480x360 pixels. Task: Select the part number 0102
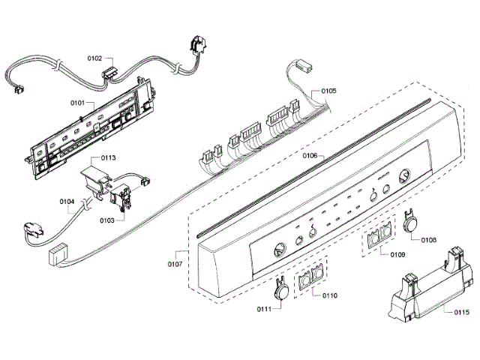point(95,58)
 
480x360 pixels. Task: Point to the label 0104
point(67,201)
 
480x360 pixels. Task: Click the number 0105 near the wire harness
point(328,91)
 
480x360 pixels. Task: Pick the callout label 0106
point(309,157)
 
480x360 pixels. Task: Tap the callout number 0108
point(429,240)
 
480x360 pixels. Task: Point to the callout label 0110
point(329,295)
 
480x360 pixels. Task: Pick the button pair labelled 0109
point(380,236)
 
